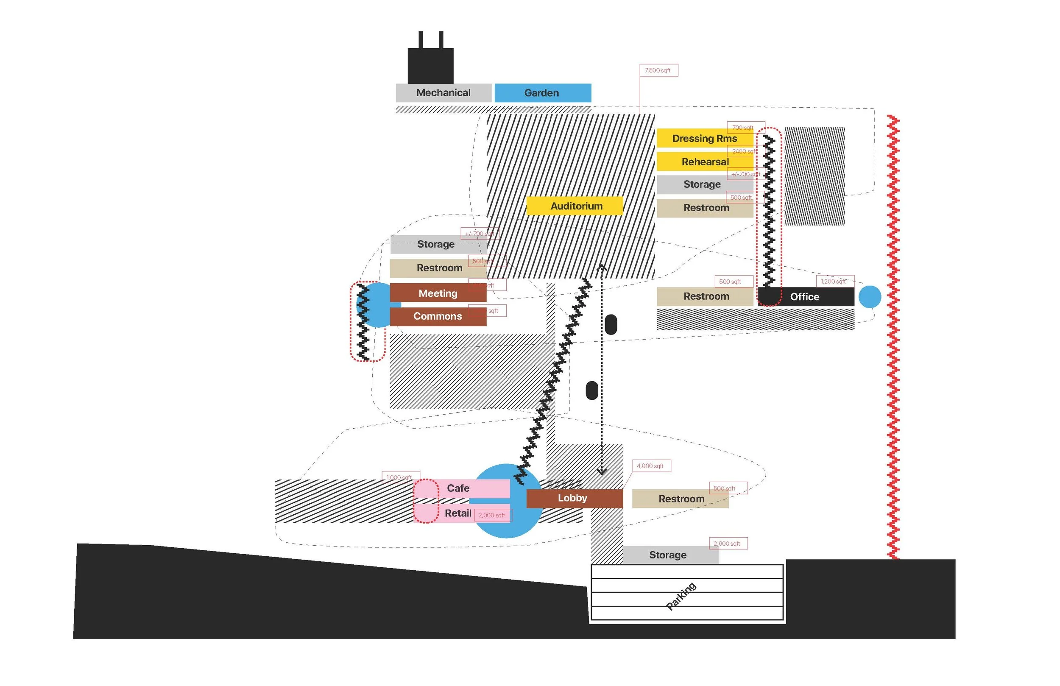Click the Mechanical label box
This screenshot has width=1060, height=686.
pyautogui.click(x=444, y=93)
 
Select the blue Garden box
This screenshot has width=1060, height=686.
pyautogui.click(x=542, y=93)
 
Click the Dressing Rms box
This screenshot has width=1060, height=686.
pyautogui.click(x=705, y=139)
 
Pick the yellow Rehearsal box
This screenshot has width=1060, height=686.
pyautogui.click(x=705, y=162)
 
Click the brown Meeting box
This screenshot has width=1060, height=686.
pyautogui.click(x=438, y=293)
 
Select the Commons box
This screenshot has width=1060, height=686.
pyautogui.click(x=438, y=316)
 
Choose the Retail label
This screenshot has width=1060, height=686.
pyautogui.click(x=458, y=513)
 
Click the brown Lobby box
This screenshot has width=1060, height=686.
pyautogui.click(x=575, y=498)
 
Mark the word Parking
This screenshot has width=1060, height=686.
pyautogui.click(x=681, y=596)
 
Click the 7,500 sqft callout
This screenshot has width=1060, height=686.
pyautogui.click(x=659, y=70)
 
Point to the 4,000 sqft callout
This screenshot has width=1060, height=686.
pyautogui.click(x=651, y=466)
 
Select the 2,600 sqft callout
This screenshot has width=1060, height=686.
pyautogui.click(x=728, y=544)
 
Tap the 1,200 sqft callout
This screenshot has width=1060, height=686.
pyautogui.click(x=834, y=282)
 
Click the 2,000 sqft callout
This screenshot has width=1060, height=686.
pyautogui.click(x=493, y=516)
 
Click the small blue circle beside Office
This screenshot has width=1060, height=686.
pyautogui.click(x=869, y=297)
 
